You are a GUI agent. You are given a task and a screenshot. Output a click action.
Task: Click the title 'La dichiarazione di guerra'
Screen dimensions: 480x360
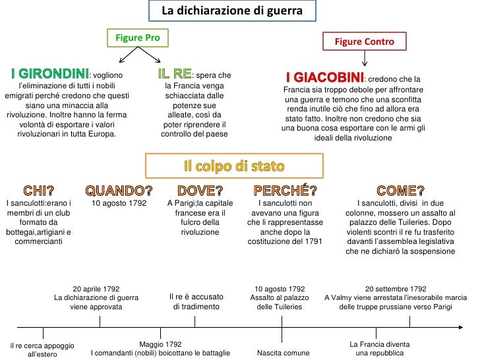point(232,11)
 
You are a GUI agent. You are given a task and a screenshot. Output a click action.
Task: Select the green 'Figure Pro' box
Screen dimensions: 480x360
point(138,38)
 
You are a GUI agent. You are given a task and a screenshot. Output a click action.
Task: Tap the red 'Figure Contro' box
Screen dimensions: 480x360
point(364,42)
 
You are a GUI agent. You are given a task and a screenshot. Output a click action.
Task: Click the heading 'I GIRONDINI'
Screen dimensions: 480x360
point(49,73)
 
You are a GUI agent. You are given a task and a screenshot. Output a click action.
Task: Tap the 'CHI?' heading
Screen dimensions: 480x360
point(38,191)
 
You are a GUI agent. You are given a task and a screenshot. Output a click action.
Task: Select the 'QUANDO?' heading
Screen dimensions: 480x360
point(119,191)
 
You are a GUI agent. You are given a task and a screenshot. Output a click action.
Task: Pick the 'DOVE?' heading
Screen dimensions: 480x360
point(200,191)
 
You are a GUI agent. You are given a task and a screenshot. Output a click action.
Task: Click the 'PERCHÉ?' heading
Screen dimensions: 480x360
point(285,191)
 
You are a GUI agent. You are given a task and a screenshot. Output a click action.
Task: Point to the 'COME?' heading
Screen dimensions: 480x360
point(400,191)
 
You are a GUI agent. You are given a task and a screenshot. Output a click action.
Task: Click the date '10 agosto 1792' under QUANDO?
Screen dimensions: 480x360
point(119,204)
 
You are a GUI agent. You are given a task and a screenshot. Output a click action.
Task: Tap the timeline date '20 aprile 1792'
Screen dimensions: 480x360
point(96,289)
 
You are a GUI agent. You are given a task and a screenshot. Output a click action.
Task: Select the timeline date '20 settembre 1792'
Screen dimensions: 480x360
point(396,289)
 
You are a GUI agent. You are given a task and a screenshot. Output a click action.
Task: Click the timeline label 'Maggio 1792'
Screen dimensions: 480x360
point(160,344)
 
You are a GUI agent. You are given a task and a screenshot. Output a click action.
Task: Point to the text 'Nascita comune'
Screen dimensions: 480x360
point(284,353)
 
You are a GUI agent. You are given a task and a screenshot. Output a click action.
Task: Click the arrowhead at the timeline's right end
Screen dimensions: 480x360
point(461,327)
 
